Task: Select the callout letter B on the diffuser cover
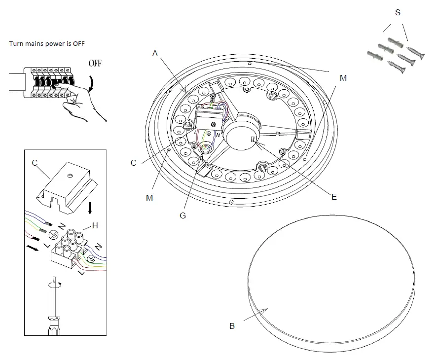click(232, 326)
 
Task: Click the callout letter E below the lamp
click(334, 196)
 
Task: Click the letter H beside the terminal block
click(95, 226)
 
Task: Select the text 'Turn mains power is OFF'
click(47, 43)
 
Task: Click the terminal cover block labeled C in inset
click(67, 187)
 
